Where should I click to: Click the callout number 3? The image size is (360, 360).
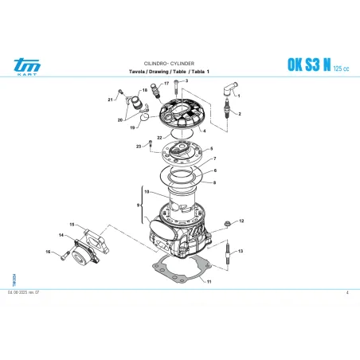click(186, 81)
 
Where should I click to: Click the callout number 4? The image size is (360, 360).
click(205, 130)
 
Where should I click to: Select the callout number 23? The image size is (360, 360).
click(139, 147)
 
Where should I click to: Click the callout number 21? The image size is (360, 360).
click(110, 100)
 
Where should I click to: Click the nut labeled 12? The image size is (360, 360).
click(227, 221)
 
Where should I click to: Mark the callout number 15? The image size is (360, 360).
click(72, 225)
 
